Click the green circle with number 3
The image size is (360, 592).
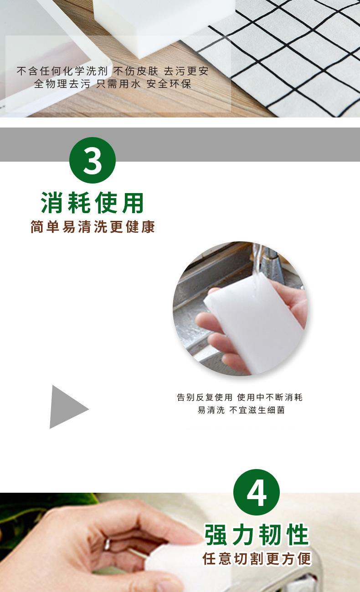point(93,160)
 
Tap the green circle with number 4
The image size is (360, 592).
point(256,492)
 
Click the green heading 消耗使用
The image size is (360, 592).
point(93,203)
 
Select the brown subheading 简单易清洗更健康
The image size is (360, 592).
point(93,226)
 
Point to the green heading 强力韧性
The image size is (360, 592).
point(257,535)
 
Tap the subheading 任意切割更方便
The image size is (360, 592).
point(257,559)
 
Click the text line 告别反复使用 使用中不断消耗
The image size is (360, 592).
point(240,397)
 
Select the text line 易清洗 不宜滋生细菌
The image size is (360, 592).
point(241,410)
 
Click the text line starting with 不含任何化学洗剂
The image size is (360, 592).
point(113,71)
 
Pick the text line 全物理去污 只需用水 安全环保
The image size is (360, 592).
point(113,84)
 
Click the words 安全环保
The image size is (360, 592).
point(169,84)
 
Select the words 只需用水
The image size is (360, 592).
point(118,84)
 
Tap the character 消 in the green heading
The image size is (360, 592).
point(52,203)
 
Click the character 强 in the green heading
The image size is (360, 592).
point(216,535)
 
